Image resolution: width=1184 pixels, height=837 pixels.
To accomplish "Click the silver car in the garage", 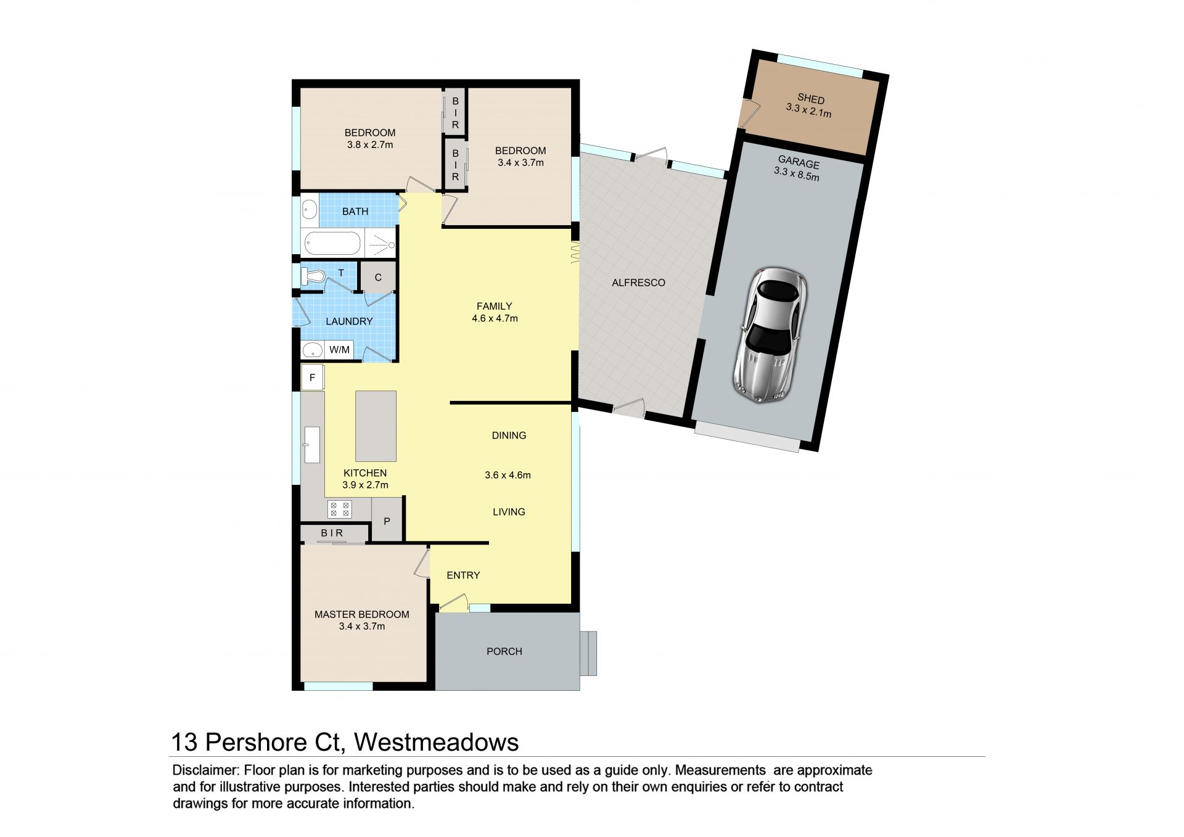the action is pos(771,336).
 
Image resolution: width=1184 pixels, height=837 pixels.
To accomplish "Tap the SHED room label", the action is pos(811,99).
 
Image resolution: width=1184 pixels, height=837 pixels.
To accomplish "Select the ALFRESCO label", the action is pos(638,283).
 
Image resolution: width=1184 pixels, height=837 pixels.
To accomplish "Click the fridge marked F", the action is pos(313,377).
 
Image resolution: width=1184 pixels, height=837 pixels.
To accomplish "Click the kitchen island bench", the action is pos(376,426).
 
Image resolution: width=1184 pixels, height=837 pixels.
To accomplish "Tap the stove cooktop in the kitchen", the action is pos(339,509).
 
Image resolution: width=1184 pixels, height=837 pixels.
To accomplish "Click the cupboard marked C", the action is pos(378,278).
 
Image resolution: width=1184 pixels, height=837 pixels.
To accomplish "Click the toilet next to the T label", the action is pos(313,276).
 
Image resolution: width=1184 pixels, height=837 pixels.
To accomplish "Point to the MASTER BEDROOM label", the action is pos(362,614).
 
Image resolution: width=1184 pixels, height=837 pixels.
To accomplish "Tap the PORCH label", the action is pos(504,651).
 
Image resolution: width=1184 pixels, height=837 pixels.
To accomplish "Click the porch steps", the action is pos(588,653).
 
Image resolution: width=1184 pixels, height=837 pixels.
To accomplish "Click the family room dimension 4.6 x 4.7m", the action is pos(495,319).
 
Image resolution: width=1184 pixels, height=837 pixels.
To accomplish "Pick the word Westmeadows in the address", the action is pos(437,742).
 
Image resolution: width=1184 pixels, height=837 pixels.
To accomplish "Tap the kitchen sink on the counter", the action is pos(313,444).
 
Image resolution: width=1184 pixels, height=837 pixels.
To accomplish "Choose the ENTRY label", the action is pos(463,575).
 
